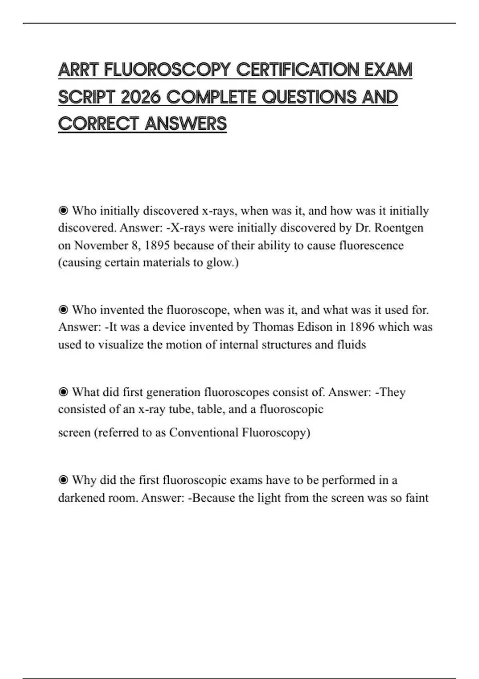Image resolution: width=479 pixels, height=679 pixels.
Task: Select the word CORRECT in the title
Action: [98, 124]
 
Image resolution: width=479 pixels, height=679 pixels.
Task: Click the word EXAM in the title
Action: [388, 70]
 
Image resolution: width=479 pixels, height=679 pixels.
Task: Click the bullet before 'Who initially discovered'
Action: [63, 210]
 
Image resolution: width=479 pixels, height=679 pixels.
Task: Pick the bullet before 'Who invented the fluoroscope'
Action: [63, 310]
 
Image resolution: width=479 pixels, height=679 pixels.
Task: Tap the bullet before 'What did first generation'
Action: [63, 392]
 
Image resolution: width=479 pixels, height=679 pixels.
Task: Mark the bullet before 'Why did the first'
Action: [63, 480]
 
